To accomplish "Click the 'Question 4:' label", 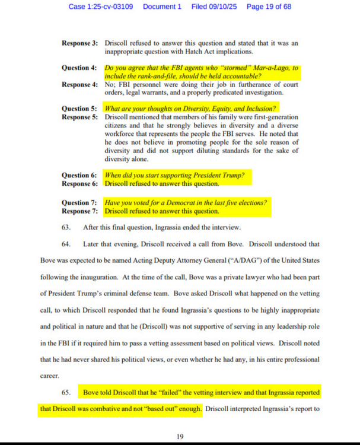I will tap(79, 68).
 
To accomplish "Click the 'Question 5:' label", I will tap(79, 109).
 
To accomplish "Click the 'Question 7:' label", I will tap(79, 202).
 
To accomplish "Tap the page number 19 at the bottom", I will tap(180, 436).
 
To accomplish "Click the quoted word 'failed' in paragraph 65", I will tap(168, 393).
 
